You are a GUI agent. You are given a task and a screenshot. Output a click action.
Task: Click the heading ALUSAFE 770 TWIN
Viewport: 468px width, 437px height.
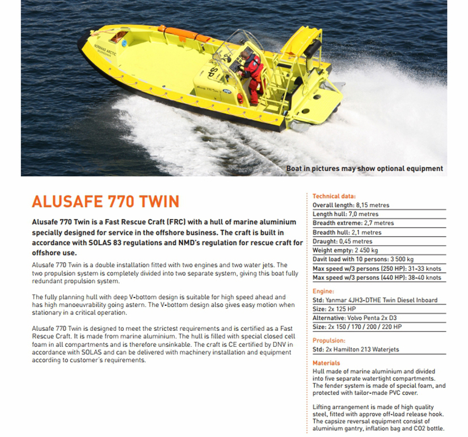coord(106,201)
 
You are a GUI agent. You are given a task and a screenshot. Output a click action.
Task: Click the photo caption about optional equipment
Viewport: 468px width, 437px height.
coord(364,169)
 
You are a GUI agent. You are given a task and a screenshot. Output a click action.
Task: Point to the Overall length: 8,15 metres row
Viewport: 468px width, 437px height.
coord(351,205)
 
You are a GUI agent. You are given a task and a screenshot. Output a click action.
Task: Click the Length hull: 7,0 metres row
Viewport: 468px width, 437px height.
coord(347,214)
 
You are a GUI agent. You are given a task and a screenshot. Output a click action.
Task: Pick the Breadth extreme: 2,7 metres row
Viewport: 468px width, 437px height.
coord(353,223)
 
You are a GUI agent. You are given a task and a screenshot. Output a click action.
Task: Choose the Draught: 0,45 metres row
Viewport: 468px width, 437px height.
coord(343,241)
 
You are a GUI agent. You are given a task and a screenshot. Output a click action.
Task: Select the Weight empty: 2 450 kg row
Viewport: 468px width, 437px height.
coord(345,250)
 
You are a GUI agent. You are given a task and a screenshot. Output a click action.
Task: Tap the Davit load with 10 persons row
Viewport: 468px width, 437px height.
coord(363,259)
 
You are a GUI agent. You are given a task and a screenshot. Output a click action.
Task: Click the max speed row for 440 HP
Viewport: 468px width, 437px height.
coord(377,278)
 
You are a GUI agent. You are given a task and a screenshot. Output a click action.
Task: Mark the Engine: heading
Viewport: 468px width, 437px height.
coord(323,291)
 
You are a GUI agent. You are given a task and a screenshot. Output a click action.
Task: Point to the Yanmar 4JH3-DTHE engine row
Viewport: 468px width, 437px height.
coord(375,300)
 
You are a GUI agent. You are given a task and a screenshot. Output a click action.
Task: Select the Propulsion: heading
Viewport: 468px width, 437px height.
coord(329,341)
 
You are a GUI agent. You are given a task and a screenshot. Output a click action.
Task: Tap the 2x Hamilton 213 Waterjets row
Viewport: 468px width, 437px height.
coord(360,350)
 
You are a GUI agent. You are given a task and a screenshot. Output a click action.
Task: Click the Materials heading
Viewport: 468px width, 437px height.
coord(327,363)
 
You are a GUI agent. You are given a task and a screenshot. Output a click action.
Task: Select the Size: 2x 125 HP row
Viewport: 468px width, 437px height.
coord(335,309)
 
